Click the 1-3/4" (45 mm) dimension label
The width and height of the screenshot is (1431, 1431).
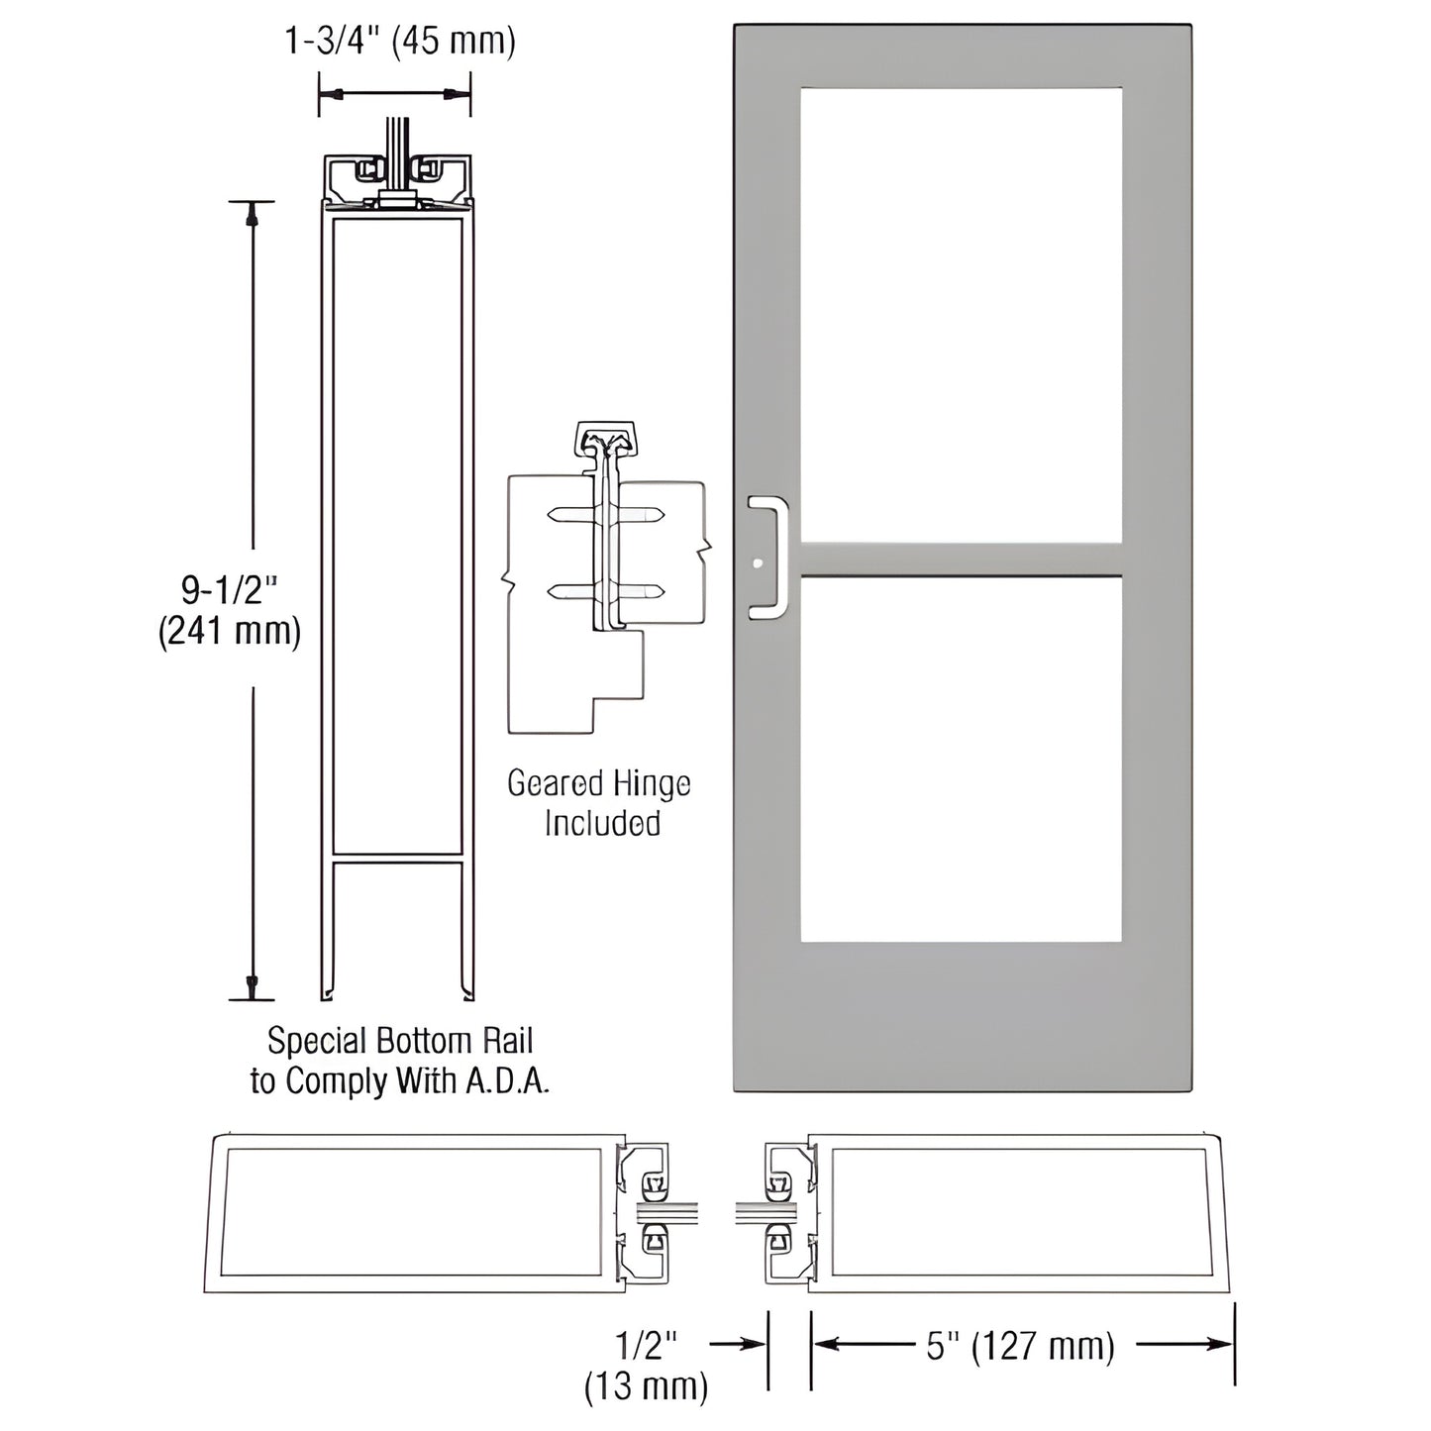coord(400,42)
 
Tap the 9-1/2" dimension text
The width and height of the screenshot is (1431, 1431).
coord(229,590)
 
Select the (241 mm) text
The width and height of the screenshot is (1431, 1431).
coord(229,631)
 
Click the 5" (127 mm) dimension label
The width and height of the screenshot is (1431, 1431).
coord(1020,1346)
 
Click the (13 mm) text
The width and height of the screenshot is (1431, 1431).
coord(647,1385)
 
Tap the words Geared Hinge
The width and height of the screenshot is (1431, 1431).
coord(598,784)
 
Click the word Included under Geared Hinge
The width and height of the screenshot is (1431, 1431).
coord(602,824)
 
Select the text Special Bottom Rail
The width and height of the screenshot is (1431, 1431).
coord(400,1041)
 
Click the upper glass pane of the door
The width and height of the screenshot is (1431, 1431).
coord(961,315)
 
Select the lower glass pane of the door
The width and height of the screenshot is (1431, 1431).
coord(961,759)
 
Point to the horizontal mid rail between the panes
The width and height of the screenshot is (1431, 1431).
coord(961,560)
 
